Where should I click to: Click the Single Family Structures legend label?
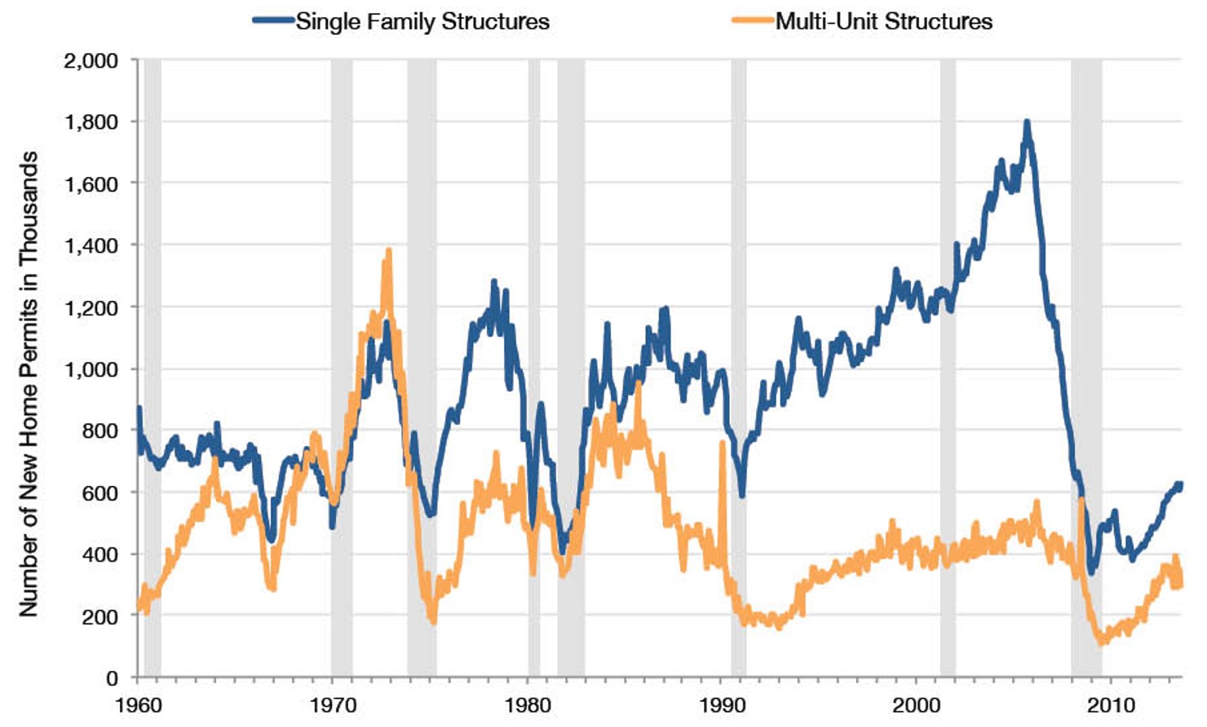click(x=422, y=21)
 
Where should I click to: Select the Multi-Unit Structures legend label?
click(x=883, y=21)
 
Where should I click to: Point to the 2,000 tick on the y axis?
click(x=91, y=60)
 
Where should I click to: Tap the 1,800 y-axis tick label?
click(x=91, y=122)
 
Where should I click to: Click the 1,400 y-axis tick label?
click(x=91, y=245)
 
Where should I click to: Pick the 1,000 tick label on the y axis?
click(x=91, y=369)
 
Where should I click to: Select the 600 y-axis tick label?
click(x=99, y=492)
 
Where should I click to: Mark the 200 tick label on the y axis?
click(x=99, y=616)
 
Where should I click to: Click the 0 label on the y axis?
click(x=112, y=678)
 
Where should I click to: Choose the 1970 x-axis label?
click(x=334, y=704)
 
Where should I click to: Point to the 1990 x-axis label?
click(x=723, y=704)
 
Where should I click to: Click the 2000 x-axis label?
click(x=917, y=704)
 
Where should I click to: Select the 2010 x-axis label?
click(x=1111, y=704)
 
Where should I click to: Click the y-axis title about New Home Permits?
click(x=29, y=383)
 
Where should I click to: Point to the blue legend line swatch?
click(x=273, y=21)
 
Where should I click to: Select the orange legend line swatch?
click(x=752, y=21)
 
